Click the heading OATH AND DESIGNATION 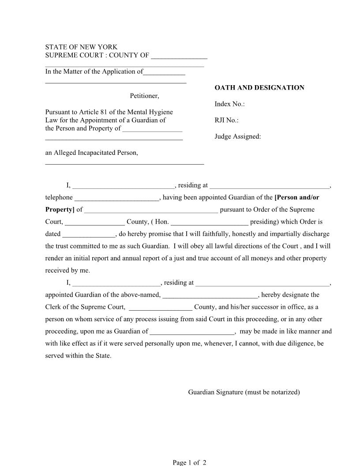[x=259, y=88]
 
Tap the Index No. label [x=229, y=104]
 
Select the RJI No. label [x=226, y=120]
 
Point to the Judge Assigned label [x=238, y=137]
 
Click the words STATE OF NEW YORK [x=82, y=47]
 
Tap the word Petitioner [x=144, y=96]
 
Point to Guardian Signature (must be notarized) [x=244, y=392]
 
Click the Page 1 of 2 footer [x=189, y=462]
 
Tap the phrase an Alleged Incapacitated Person [x=92, y=153]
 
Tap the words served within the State [x=79, y=356]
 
